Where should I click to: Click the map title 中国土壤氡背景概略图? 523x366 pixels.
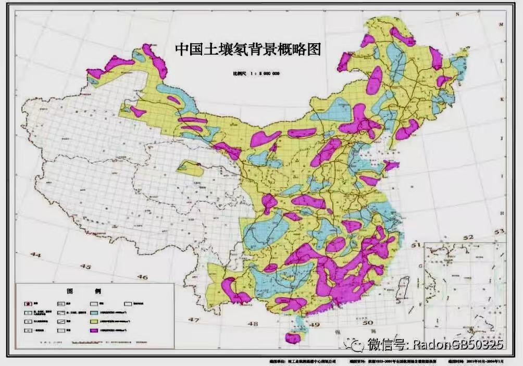[x=247, y=50]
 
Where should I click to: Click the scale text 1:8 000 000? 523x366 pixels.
[x=256, y=74]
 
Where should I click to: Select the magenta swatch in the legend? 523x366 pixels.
[x=95, y=331]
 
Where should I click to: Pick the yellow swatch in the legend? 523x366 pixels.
[x=95, y=321]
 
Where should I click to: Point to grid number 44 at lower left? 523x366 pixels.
[x=35, y=255]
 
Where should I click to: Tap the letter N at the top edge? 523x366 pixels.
[x=457, y=14]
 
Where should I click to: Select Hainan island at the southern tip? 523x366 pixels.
[x=293, y=338]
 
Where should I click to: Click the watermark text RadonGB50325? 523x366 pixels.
[x=458, y=345]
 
